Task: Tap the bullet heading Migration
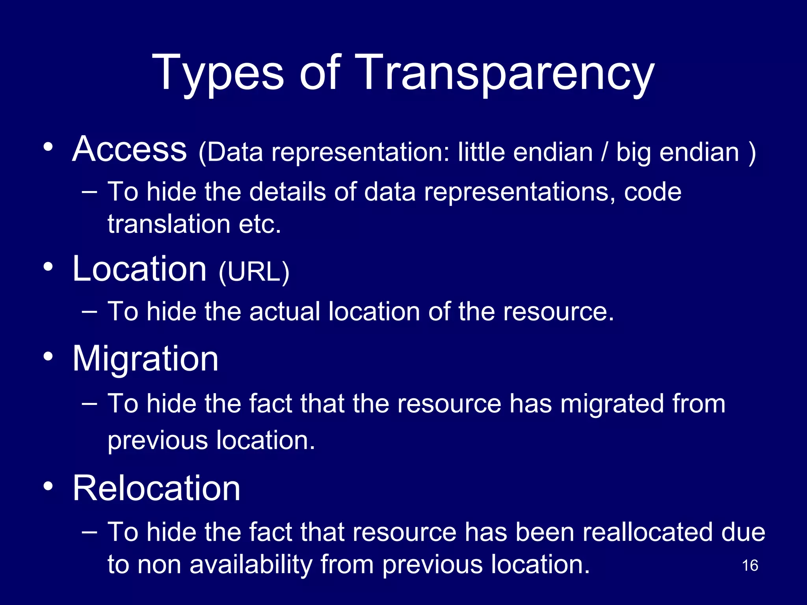pos(145,358)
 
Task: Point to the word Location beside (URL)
pos(139,269)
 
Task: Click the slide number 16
pos(750,566)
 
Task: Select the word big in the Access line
pos(633,153)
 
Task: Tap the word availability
pos(251,564)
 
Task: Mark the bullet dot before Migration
pos(48,357)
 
